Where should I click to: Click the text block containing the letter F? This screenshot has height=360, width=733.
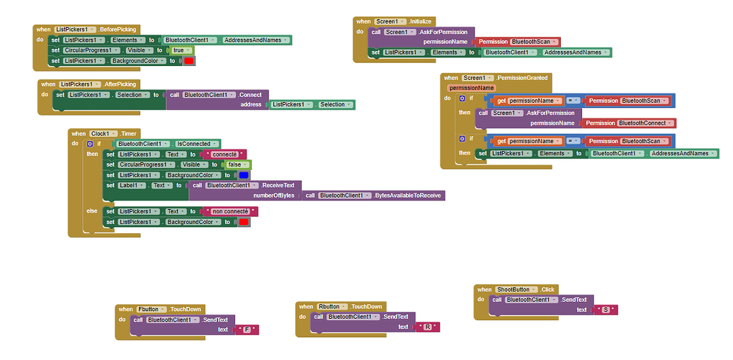tap(247, 330)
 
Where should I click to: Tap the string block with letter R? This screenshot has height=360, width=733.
tap(428, 327)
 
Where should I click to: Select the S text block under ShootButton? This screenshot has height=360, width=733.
tap(606, 310)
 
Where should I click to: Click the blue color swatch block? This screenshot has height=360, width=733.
tap(244, 175)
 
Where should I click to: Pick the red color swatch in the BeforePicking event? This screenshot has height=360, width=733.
tap(189, 61)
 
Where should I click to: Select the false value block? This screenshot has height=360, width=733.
tap(237, 164)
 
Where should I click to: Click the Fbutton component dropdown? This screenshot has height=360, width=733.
tap(152, 310)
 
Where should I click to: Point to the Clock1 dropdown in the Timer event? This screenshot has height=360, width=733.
tap(103, 134)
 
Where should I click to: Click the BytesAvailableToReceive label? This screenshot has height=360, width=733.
tap(407, 196)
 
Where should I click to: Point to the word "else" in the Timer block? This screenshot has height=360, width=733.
tap(92, 211)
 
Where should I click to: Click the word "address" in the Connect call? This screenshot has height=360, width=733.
tap(251, 105)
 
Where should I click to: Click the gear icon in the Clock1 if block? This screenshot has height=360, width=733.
tap(90, 144)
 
